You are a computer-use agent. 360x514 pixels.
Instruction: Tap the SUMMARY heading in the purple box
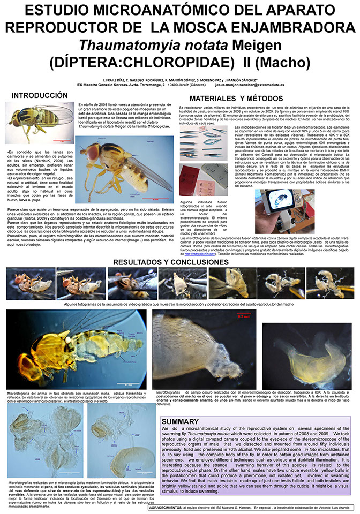(181, 406)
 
